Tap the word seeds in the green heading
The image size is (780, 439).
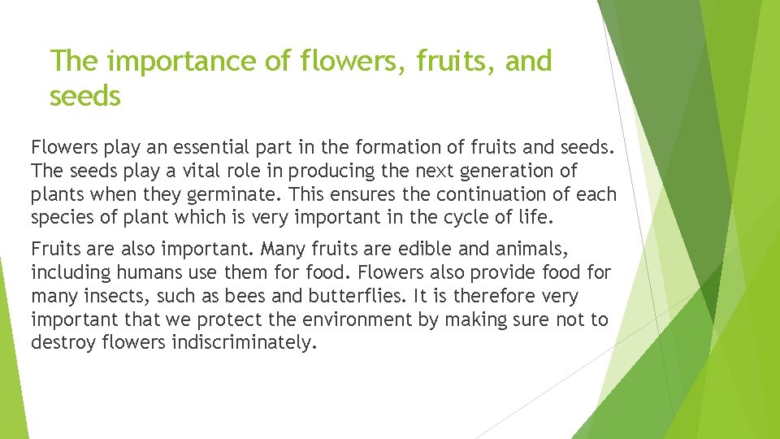click(x=84, y=96)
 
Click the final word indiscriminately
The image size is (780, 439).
click(x=241, y=342)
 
